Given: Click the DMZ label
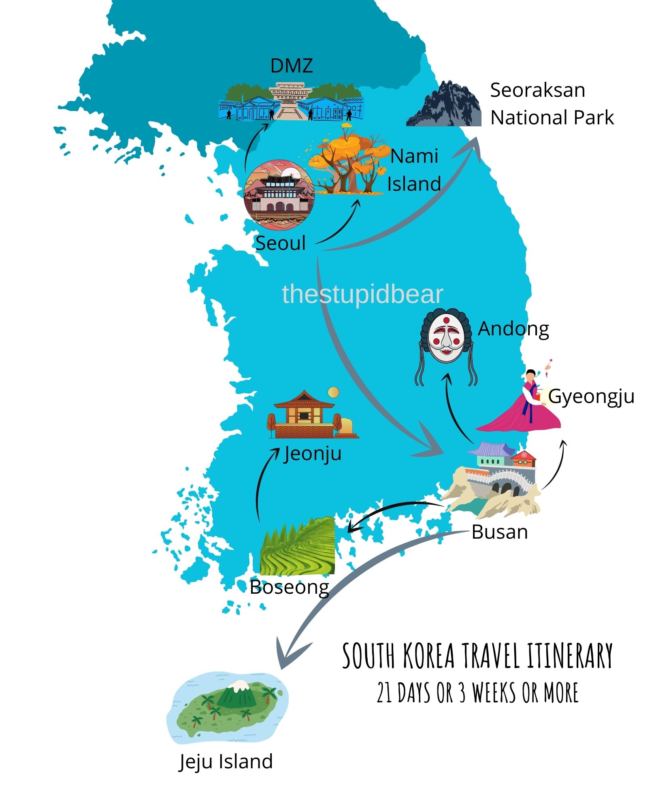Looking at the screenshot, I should [x=291, y=66].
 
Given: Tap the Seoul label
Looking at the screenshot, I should [x=280, y=243].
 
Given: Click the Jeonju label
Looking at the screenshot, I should [x=312, y=454].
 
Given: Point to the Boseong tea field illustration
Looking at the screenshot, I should [x=298, y=547].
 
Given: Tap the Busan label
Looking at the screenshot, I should [x=499, y=532].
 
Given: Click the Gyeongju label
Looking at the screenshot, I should [x=591, y=397].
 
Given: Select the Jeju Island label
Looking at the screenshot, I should [x=226, y=762].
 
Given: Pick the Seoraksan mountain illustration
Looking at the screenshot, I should [x=445, y=104].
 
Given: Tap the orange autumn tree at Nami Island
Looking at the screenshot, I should [x=346, y=162].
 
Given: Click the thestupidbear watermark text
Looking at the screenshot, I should [x=362, y=294].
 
